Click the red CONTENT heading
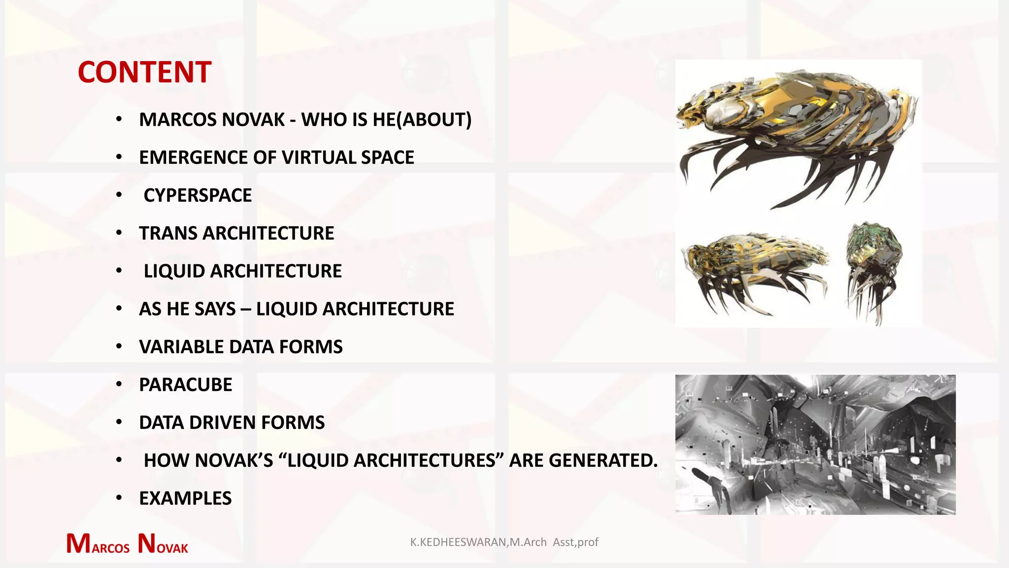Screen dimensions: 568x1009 [x=144, y=72]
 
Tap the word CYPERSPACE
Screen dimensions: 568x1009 [x=198, y=195]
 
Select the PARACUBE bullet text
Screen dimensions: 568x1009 [x=185, y=385]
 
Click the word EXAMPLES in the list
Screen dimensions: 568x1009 [x=185, y=498]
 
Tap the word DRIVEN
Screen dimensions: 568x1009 [x=222, y=423]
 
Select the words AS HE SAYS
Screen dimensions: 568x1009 [x=187, y=309]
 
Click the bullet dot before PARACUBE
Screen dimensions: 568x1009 [x=119, y=385]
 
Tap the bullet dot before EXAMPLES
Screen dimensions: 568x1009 [x=119, y=498]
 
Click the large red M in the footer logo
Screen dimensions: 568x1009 [x=78, y=543]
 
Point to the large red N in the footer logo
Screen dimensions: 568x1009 [x=147, y=543]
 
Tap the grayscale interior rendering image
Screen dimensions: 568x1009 [x=815, y=445]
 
